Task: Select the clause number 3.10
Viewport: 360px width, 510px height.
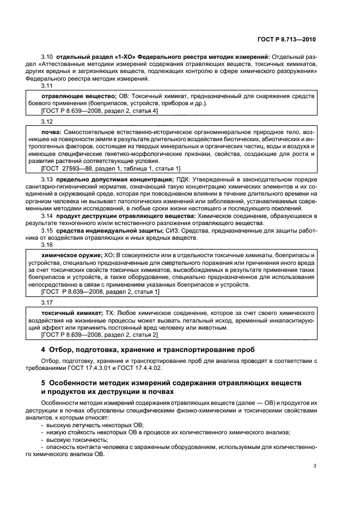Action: tap(47, 57)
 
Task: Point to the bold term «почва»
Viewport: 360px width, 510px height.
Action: tap(51, 132)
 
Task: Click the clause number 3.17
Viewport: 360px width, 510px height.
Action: tap(47, 302)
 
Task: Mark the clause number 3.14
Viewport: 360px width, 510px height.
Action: tap(47, 216)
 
